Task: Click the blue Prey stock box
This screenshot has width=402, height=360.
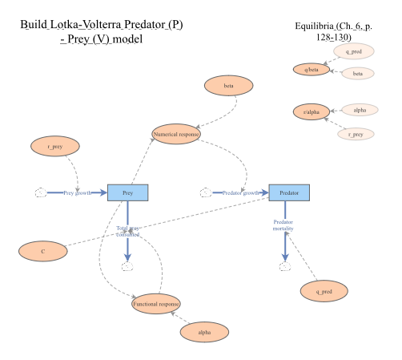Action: pos(127,192)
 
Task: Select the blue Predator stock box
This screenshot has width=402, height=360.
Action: pos(288,192)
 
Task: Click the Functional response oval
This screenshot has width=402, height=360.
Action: pos(156,303)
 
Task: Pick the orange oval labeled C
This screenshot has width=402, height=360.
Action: pos(42,251)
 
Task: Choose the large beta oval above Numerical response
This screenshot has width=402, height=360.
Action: pos(228,85)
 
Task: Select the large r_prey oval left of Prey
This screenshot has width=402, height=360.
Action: pos(55,147)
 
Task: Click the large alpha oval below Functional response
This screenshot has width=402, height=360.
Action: pos(204,331)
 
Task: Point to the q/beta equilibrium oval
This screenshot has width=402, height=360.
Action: pos(312,70)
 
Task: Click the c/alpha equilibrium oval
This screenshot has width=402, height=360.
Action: pos(312,112)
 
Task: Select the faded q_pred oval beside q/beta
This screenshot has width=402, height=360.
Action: pos(353,52)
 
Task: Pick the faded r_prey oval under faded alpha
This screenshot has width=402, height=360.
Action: pos(356,134)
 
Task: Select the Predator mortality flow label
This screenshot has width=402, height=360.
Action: pos(283,224)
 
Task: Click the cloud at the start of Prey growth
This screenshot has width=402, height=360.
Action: pos(40,192)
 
